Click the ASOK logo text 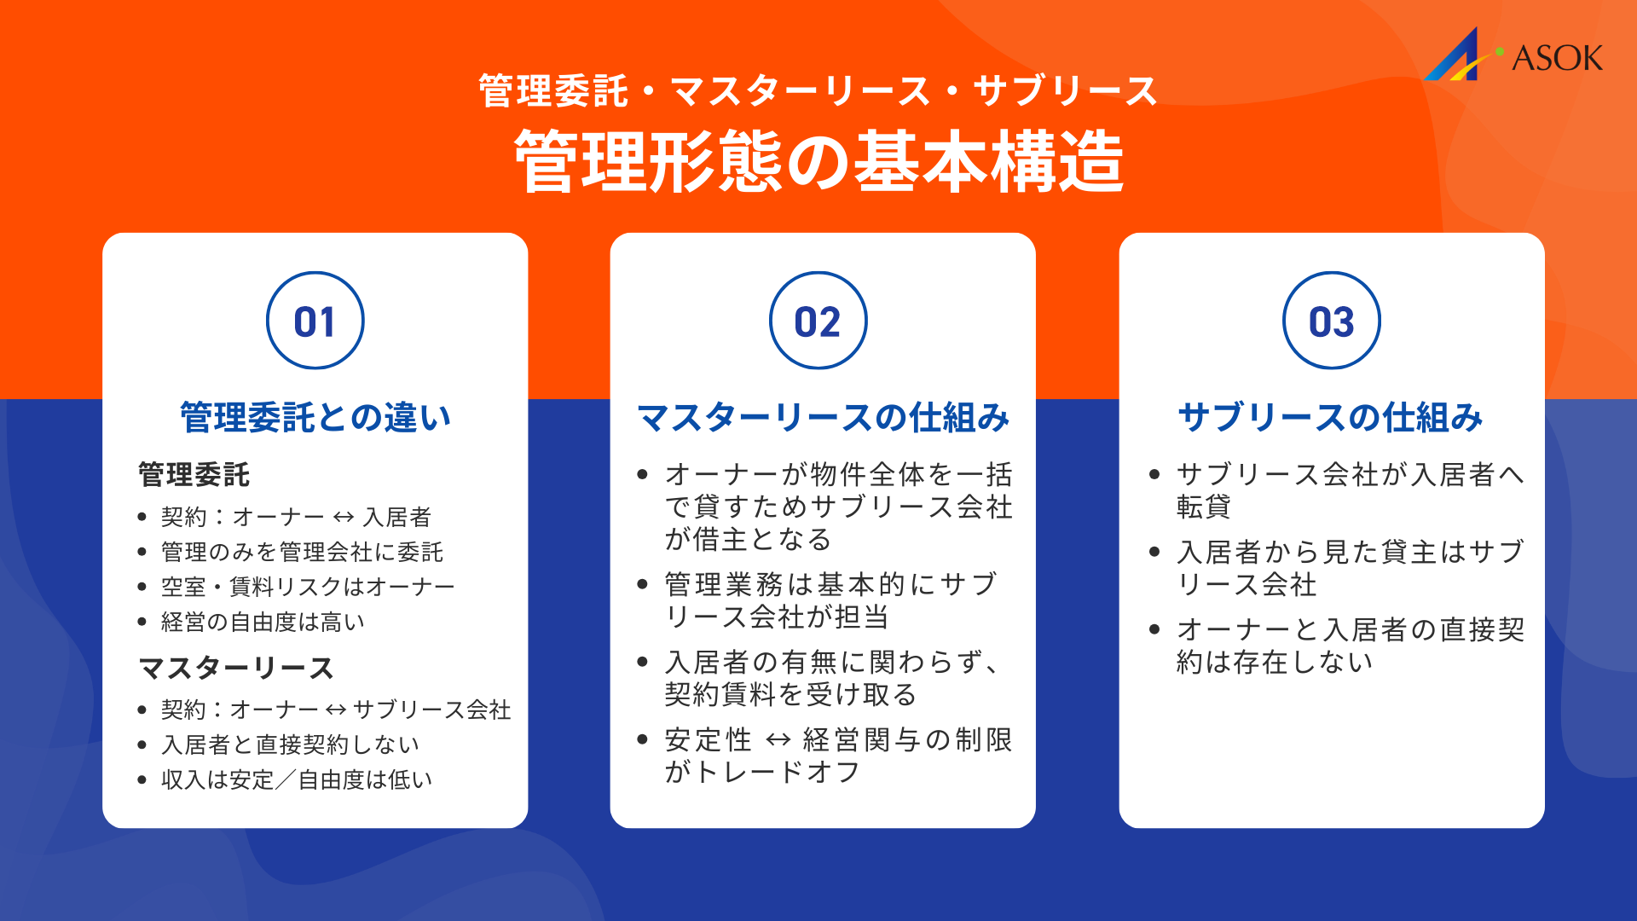tap(1557, 58)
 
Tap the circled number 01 tap(315, 321)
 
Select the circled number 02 tap(818, 321)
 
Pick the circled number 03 tap(1331, 321)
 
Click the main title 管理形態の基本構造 tap(818, 162)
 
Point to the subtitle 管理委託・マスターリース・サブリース tap(818, 91)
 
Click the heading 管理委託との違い tap(315, 418)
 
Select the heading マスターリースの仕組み tap(823, 418)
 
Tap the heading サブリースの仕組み tap(1331, 418)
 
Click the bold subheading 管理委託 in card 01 tap(194, 475)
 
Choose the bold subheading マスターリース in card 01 tap(236, 668)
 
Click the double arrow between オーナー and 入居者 tap(344, 517)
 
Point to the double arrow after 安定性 tap(778, 739)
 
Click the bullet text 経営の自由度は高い tap(263, 622)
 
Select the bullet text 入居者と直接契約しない tap(290, 744)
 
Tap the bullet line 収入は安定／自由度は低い tap(297, 779)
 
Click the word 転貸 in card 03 tap(1203, 507)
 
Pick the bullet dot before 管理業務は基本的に tap(643, 584)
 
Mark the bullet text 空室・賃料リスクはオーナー tap(307, 587)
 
